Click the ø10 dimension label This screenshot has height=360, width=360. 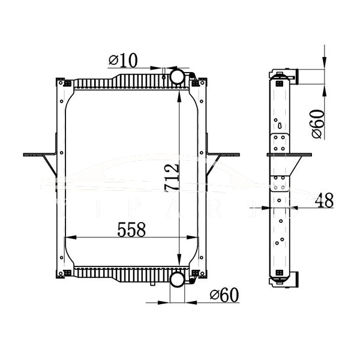(x=123, y=60)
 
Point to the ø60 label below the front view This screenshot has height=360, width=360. (x=225, y=295)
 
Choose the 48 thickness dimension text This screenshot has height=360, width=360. (x=324, y=200)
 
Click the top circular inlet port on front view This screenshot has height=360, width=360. (x=178, y=77)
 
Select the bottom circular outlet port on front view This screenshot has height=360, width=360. (x=178, y=280)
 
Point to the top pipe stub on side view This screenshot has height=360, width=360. (x=293, y=76)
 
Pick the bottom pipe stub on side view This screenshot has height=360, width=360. (x=293, y=279)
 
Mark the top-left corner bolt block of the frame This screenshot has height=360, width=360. (x=67, y=83)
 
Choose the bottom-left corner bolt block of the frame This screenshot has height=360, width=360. (x=67, y=273)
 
